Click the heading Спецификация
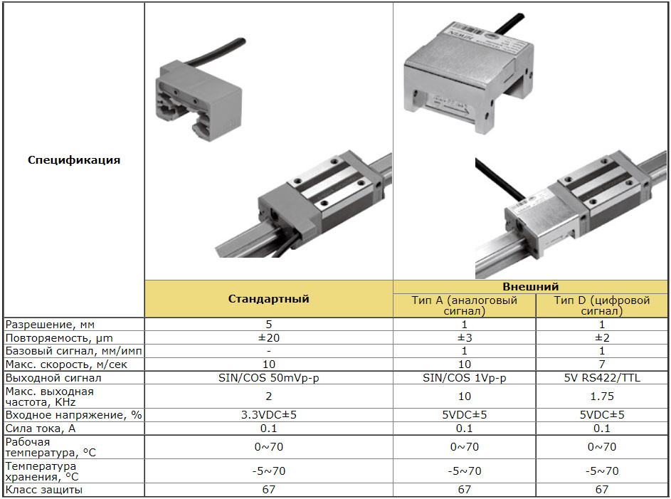(74, 160)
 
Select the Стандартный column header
(268, 299)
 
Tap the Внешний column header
(530, 287)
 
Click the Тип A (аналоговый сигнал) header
(465, 305)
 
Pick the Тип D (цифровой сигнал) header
(602, 305)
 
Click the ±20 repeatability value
(269, 337)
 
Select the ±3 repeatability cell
(465, 337)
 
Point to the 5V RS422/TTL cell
(602, 378)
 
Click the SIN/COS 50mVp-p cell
(269, 378)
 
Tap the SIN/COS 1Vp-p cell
(465, 378)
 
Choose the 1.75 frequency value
(602, 396)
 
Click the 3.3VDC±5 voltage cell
(269, 415)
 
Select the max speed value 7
(602, 364)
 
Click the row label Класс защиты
(43, 490)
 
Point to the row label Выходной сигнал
(53, 378)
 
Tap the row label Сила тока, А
(41, 429)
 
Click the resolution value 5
(269, 324)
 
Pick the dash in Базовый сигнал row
(269, 351)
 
